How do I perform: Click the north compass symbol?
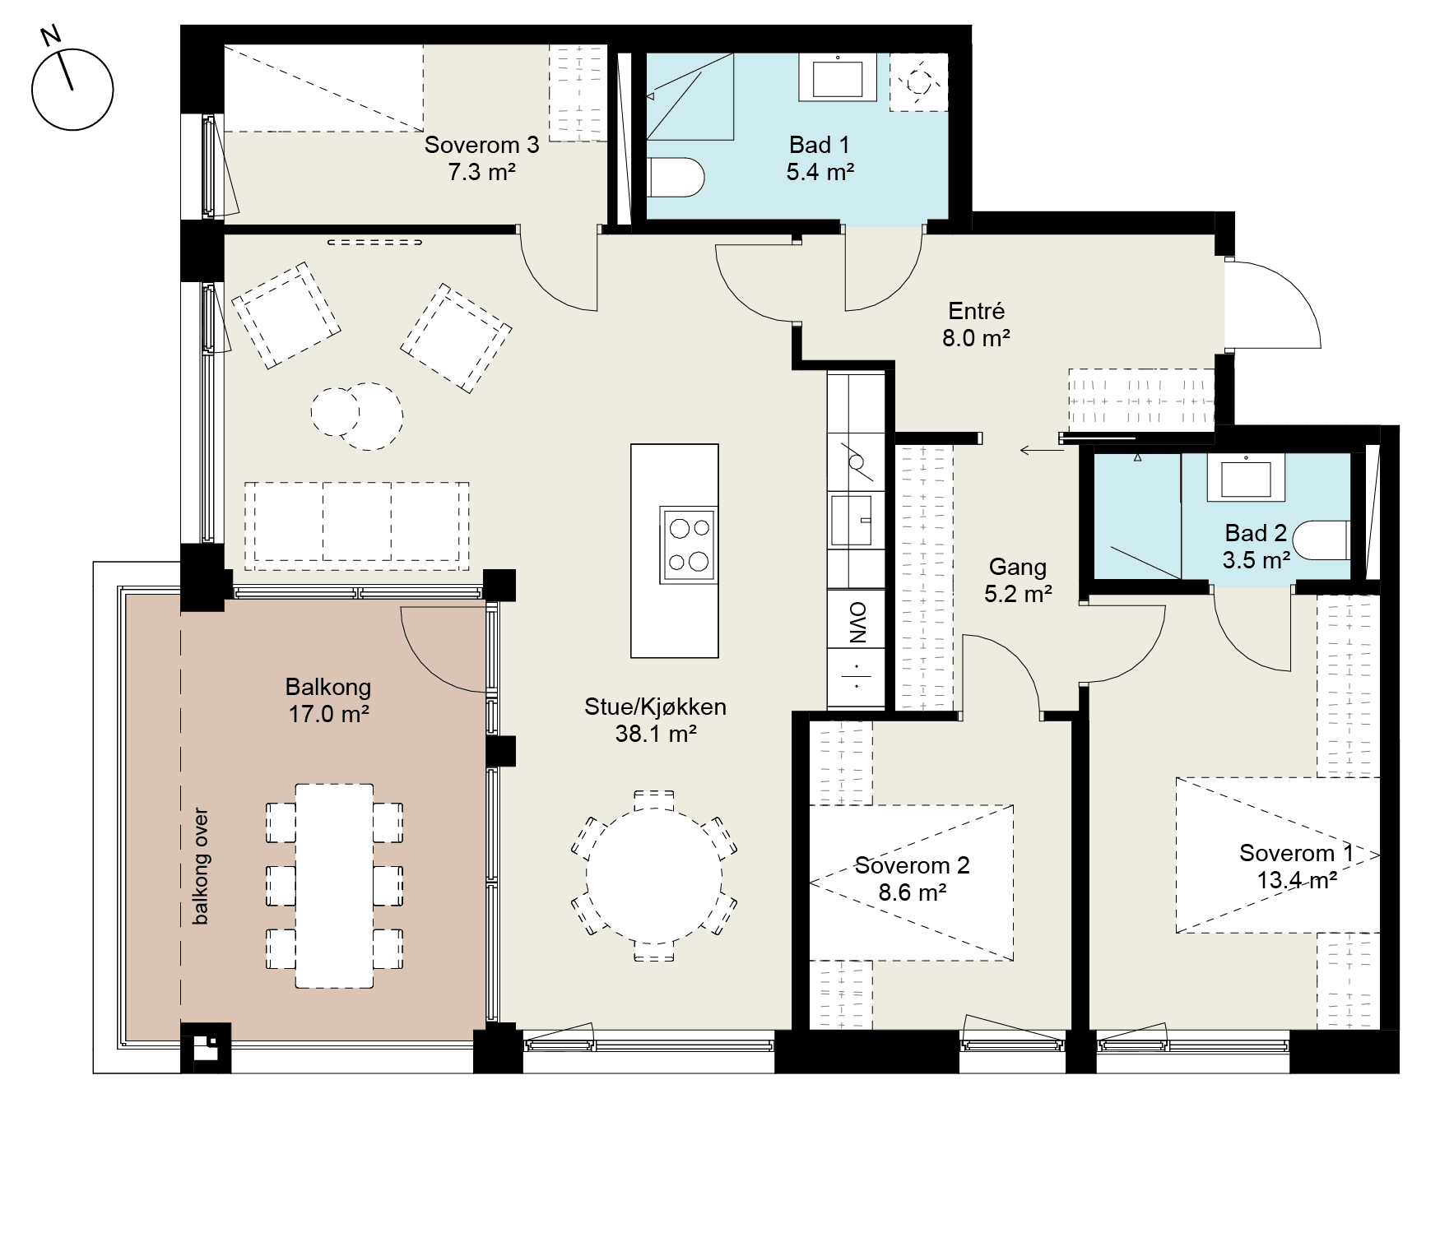coord(72,89)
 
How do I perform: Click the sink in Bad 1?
coord(838,77)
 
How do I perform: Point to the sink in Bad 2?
coord(1246,477)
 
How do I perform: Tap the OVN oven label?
coord(856,622)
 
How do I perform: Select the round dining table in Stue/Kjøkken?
coord(654,876)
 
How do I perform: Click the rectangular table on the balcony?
coord(334,886)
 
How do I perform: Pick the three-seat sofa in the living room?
coord(357,526)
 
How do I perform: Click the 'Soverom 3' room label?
coord(481,145)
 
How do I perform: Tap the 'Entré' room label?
coord(977,311)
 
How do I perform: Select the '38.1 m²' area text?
coord(656,734)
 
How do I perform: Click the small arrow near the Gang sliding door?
coord(1040,450)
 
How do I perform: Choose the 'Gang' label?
coord(1018,567)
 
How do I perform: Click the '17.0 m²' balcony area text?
coord(327,713)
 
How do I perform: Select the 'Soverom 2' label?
coord(912,865)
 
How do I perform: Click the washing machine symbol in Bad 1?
coord(918,81)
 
